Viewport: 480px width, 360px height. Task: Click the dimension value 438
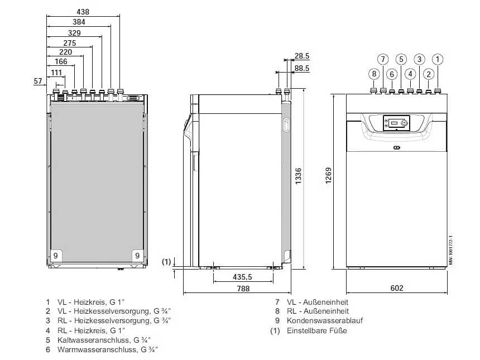pyautogui.click(x=83, y=11)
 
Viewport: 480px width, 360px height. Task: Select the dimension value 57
pyautogui.click(x=38, y=81)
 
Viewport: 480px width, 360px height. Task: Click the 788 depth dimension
pyautogui.click(x=243, y=289)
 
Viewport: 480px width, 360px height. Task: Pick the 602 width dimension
pyautogui.click(x=396, y=289)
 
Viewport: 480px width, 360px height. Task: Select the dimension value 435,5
pyautogui.click(x=243, y=277)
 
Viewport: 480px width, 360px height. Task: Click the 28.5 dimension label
pyautogui.click(x=302, y=56)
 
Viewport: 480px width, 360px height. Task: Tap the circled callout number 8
pyautogui.click(x=373, y=74)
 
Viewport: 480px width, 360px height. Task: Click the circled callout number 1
pyautogui.click(x=438, y=59)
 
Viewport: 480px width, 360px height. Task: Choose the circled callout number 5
pyautogui.click(x=401, y=59)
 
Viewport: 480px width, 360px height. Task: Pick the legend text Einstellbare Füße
pyautogui.click(x=316, y=330)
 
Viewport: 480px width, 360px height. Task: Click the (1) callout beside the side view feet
pyautogui.click(x=166, y=261)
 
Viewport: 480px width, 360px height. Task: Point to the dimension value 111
pyautogui.click(x=57, y=73)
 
